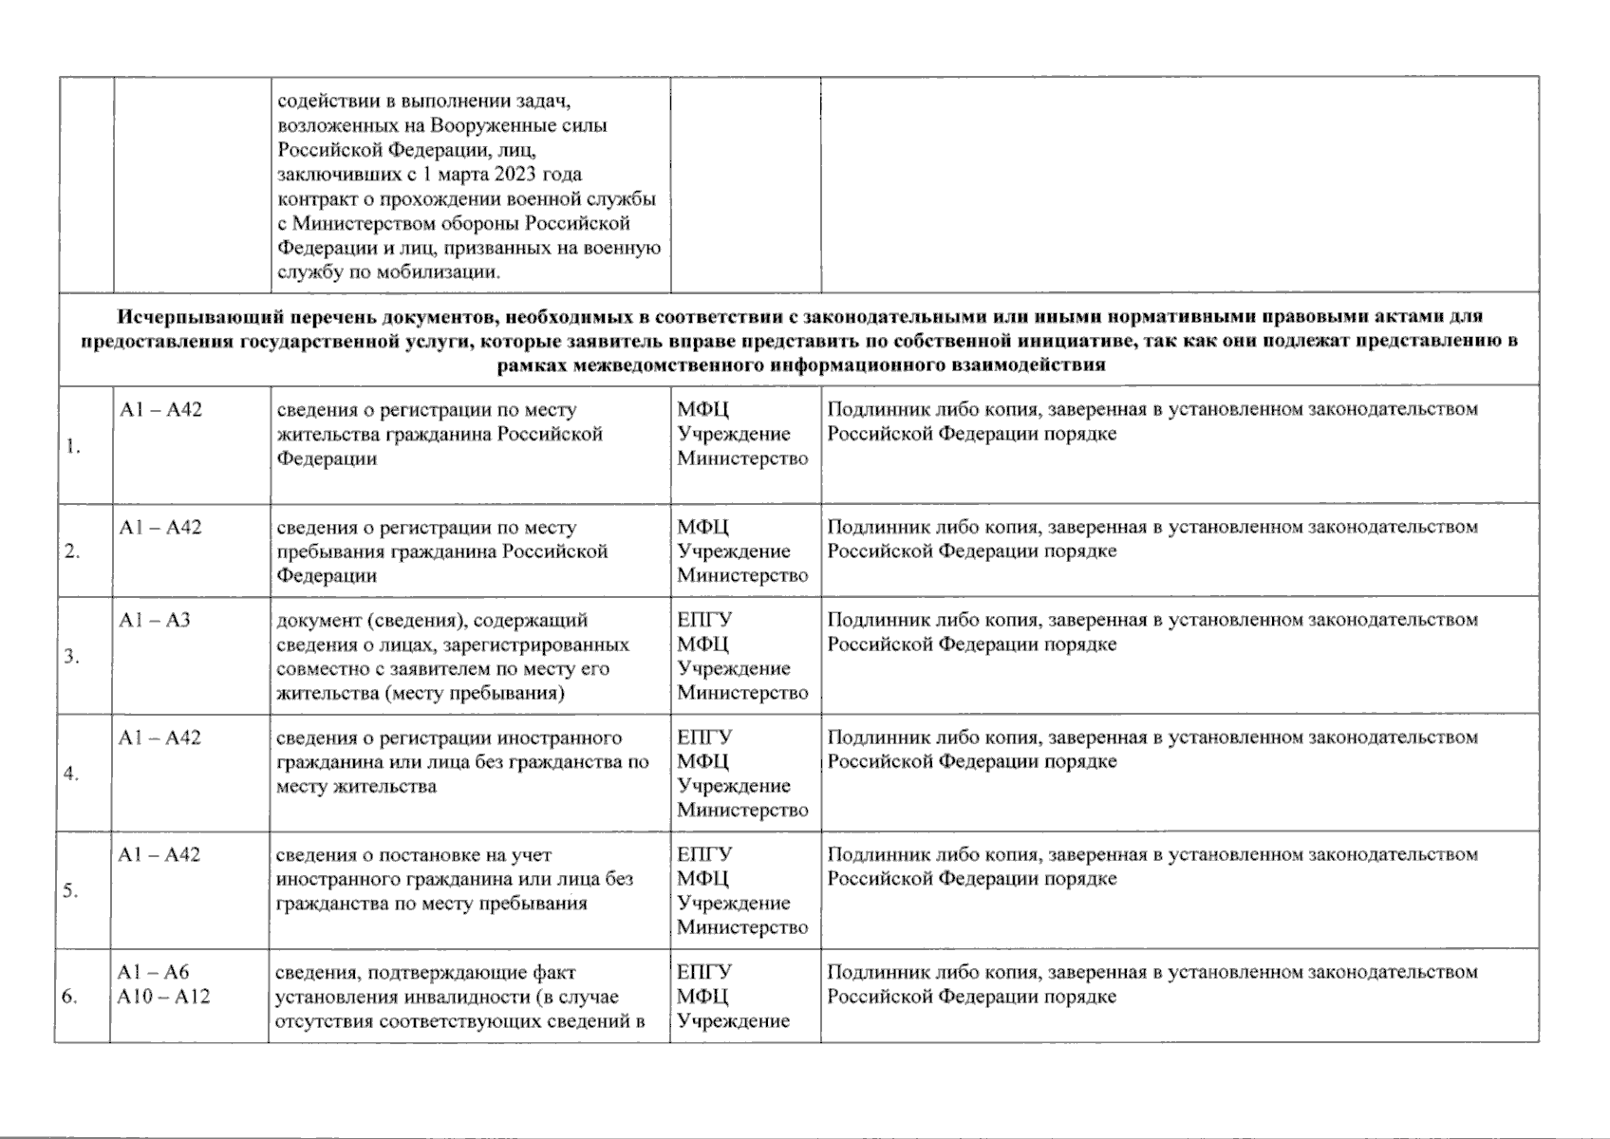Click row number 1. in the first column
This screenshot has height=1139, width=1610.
coord(72,448)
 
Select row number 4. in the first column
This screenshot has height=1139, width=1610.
coord(71,774)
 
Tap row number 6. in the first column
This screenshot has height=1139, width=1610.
coord(69,997)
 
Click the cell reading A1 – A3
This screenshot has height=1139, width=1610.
coord(154,620)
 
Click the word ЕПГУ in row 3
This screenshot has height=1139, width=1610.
coord(704,620)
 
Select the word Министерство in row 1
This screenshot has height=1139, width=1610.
coord(742,458)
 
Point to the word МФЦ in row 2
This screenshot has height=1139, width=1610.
coord(702,528)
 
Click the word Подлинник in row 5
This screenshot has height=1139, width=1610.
coord(867,854)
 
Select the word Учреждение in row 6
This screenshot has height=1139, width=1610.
coord(733,1021)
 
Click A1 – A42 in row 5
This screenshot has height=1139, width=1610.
coord(159,855)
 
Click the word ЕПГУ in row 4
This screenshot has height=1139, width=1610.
coord(704,738)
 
